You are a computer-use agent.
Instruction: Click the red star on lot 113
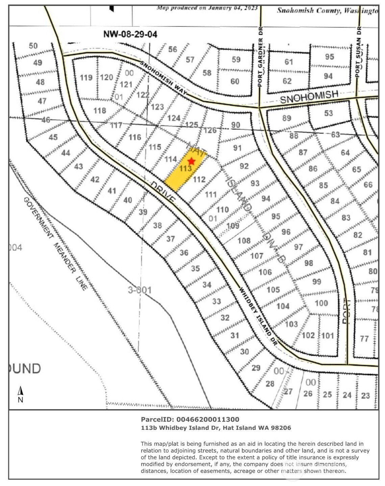tap(191, 161)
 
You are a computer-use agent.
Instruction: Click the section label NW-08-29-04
tap(130, 34)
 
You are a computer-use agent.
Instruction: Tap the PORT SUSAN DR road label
tap(359, 52)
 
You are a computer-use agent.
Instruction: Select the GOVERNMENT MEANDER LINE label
tap(56, 243)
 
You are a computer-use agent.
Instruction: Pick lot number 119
tap(86, 78)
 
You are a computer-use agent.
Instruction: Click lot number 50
tap(33, 46)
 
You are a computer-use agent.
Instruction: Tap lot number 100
tap(321, 303)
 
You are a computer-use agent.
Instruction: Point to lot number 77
tap(364, 338)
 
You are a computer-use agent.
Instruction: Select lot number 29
tap(256, 368)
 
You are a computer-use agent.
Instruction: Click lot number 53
tap(328, 113)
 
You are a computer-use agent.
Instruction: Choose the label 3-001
tap(139, 290)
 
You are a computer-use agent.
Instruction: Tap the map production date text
tap(207, 7)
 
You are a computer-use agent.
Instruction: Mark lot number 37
tap(171, 239)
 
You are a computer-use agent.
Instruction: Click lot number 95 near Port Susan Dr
tap(329, 57)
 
